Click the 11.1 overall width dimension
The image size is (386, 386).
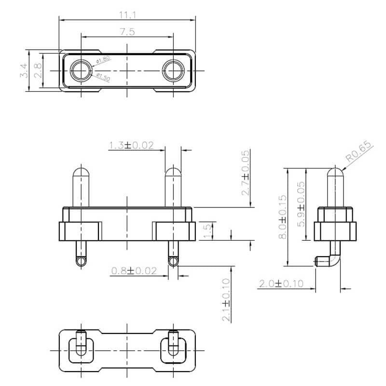127,15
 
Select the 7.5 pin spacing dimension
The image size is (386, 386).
127,32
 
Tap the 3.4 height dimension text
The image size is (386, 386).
23,70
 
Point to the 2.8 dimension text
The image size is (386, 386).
37,70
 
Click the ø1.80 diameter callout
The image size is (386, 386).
103,60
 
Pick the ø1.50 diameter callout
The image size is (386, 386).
103,77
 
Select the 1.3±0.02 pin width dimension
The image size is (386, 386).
131,145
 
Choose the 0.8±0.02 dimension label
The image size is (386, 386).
134,271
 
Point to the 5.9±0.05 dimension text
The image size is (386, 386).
301,204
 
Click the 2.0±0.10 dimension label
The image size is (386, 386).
281,284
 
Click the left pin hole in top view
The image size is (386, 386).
81,71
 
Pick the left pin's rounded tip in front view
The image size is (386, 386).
81,172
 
